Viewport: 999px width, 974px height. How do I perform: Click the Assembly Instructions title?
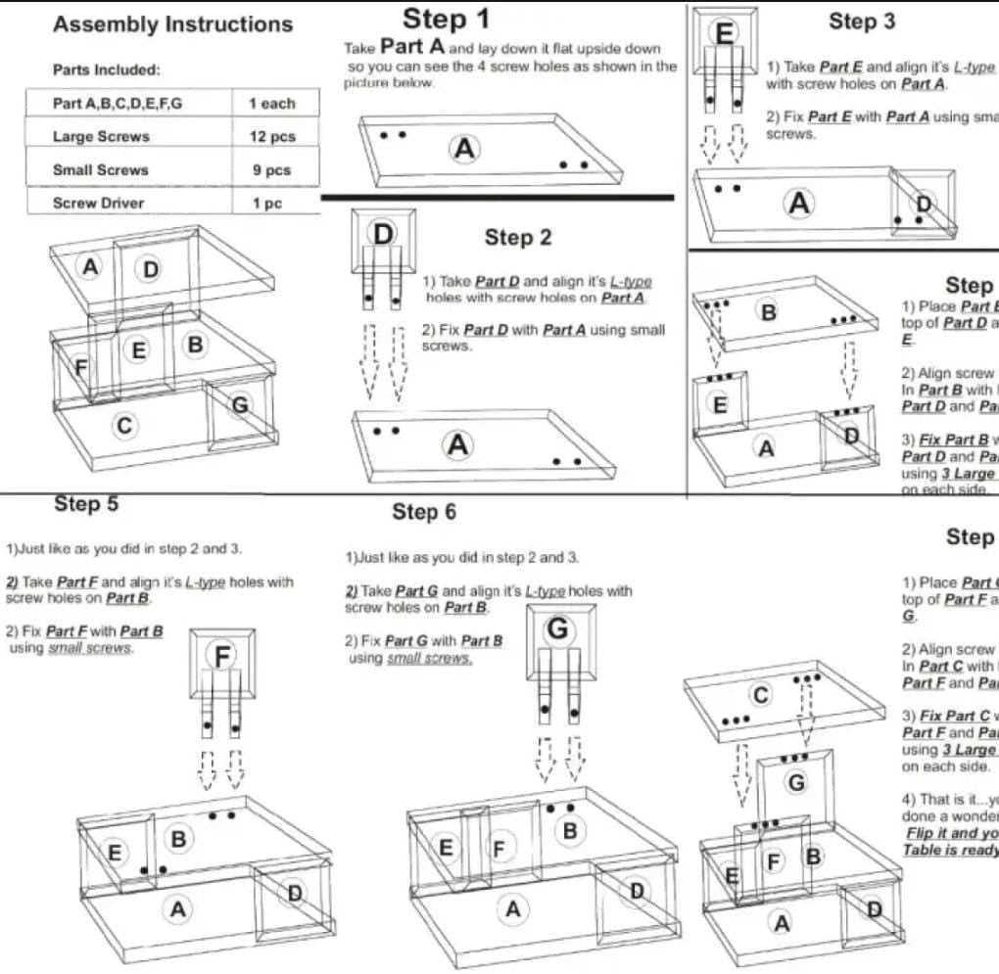pos(172,24)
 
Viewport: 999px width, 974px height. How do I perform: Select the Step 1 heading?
pos(446,19)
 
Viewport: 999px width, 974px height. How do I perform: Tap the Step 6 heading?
pos(424,512)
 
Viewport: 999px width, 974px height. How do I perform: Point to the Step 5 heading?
pos(86,504)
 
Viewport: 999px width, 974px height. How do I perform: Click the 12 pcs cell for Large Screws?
pos(271,137)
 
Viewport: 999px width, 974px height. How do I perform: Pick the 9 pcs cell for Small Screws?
pos(271,170)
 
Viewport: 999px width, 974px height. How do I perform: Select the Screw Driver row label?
pos(98,204)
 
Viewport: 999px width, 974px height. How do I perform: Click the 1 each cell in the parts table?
pos(271,104)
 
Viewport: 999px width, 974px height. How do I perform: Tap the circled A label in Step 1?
pos(465,149)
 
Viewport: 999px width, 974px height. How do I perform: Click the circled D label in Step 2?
pos(383,233)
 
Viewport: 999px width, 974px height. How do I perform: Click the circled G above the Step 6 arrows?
pos(556,629)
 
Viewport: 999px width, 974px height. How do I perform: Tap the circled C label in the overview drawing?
pos(124,425)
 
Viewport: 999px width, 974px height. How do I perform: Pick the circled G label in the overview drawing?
pos(240,403)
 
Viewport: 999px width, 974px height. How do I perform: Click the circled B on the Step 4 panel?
pos(769,314)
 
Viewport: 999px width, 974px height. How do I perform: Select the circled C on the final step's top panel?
pos(760,694)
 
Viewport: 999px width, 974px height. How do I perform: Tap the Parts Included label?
pos(107,70)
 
